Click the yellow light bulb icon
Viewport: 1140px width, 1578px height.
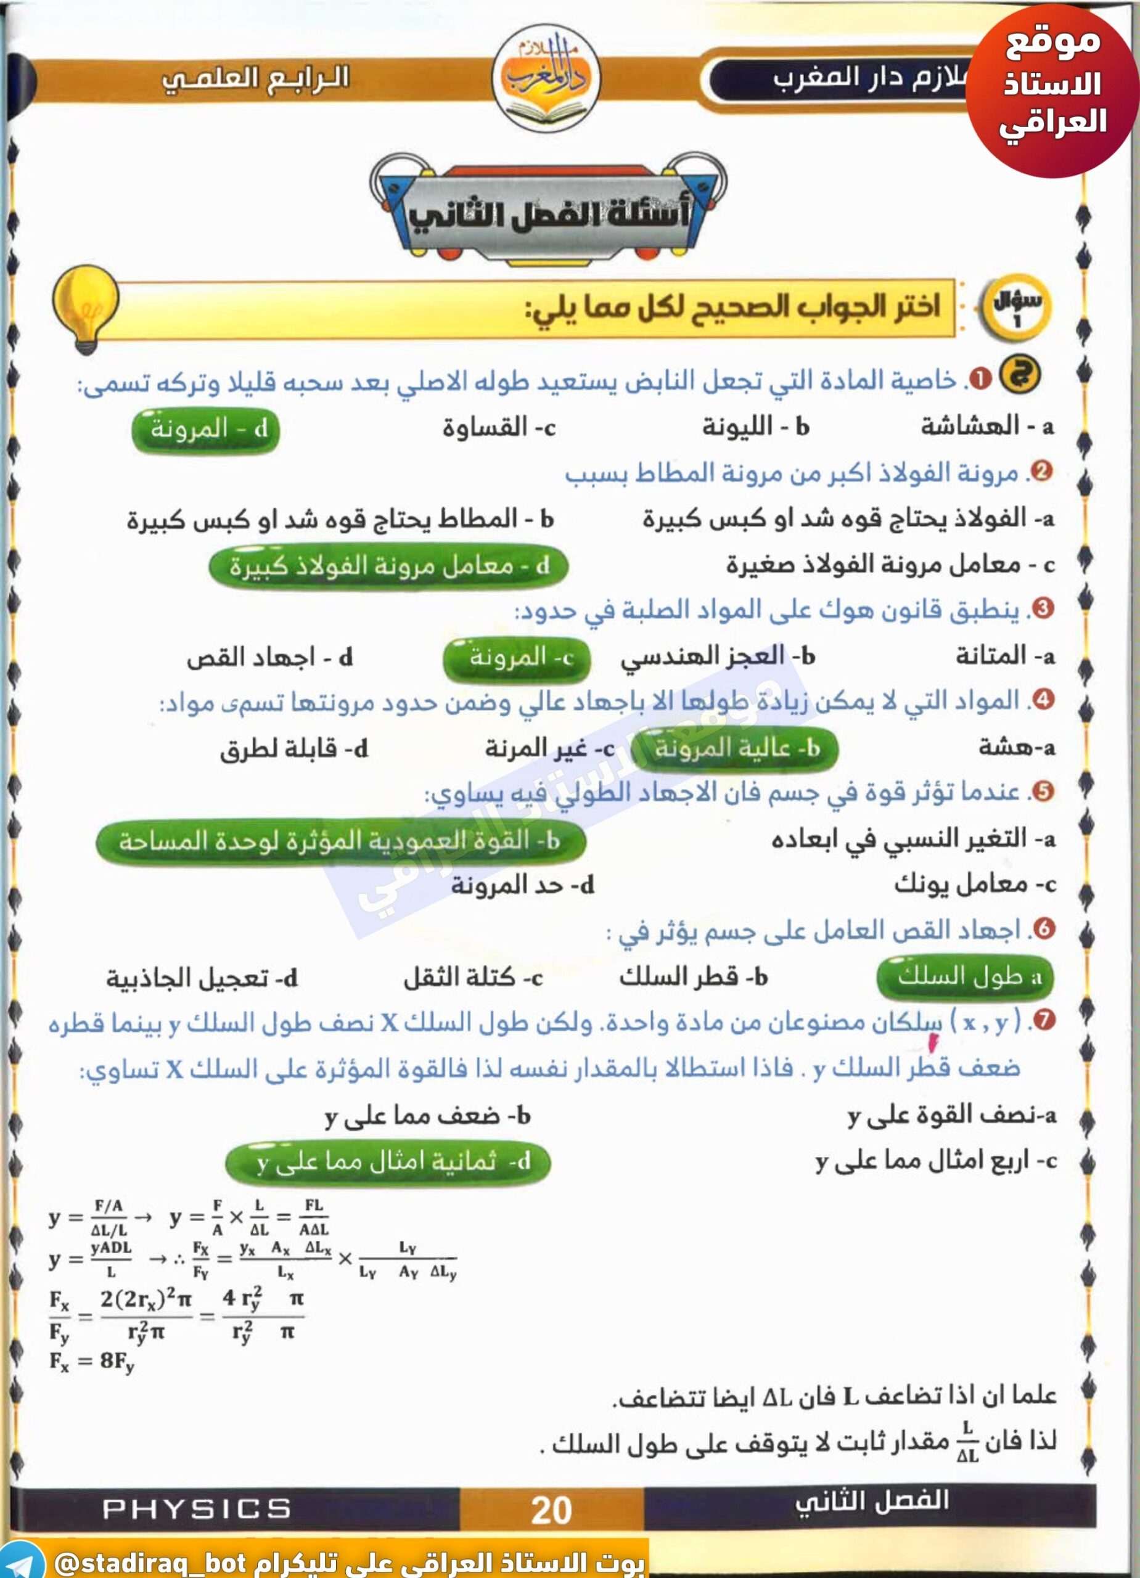click(x=85, y=308)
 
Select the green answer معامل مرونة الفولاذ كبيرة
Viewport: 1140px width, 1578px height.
click(x=388, y=566)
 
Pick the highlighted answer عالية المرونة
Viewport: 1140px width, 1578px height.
click(x=735, y=749)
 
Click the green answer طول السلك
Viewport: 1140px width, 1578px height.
click(x=966, y=977)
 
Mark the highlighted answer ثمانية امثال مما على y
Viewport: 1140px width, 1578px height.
click(x=388, y=1161)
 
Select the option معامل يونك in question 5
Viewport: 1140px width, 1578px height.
click(x=974, y=885)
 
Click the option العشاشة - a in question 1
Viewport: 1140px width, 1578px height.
click(x=987, y=426)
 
